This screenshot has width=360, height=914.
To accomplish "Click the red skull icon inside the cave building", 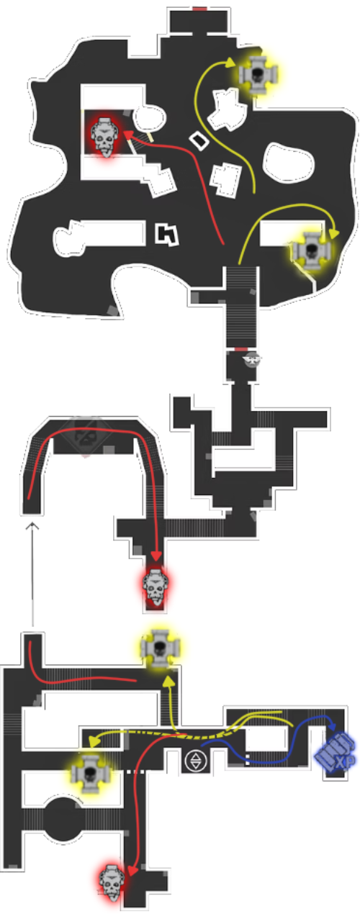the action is pos(104,136).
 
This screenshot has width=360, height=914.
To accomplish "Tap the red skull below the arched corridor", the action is pos(156,587).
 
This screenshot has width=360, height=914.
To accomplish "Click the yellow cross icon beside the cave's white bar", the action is pos(312,250).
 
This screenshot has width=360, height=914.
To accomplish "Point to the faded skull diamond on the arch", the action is pos(86,437).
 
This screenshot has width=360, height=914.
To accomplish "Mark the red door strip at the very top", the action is pos(199,9).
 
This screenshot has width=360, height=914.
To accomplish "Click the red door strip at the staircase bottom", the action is pos(240,349).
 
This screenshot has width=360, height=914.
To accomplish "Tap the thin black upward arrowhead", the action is pos(32,525).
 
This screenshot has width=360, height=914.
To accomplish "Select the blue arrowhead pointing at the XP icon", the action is pos(332,726).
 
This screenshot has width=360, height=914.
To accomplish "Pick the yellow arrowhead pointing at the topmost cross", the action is pos(230,63).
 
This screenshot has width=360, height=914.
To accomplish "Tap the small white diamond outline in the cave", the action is pos(199,140).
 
